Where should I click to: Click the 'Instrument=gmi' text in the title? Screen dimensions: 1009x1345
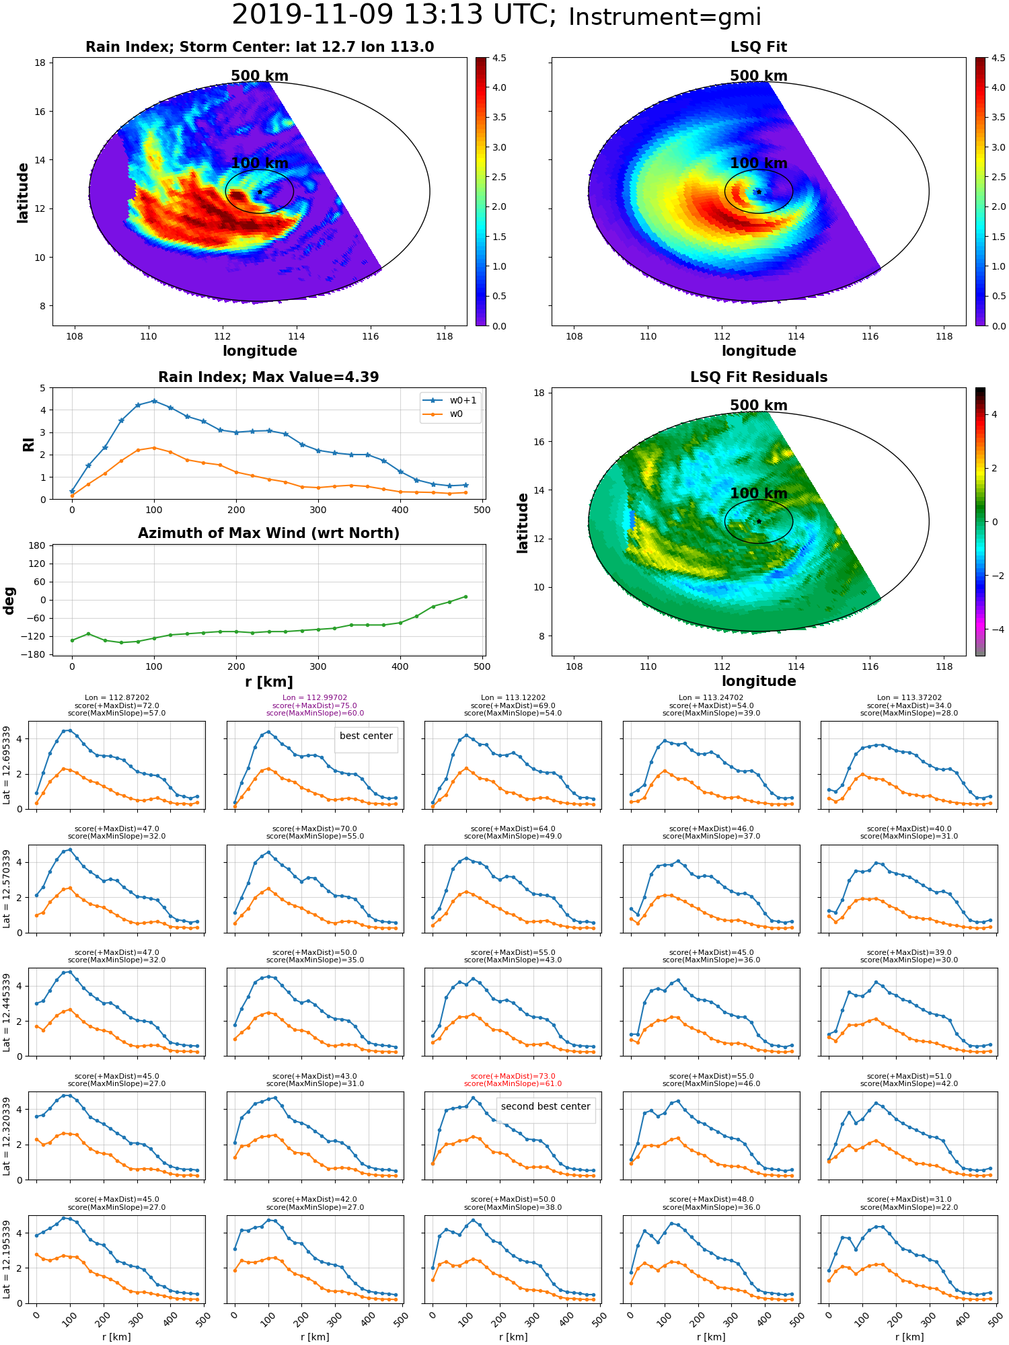tap(665, 17)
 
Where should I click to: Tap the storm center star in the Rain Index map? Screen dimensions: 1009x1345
tap(260, 192)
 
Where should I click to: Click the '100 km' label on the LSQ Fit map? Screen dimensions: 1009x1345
tap(759, 163)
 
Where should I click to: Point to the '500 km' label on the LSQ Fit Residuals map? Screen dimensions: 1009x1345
tap(759, 406)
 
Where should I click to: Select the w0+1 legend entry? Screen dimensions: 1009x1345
tap(450, 400)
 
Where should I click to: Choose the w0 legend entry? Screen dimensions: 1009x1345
tap(443, 414)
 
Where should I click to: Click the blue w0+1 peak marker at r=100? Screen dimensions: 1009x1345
tap(154, 401)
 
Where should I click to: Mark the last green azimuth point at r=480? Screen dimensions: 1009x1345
tap(465, 597)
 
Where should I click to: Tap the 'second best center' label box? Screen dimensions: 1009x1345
tap(546, 1106)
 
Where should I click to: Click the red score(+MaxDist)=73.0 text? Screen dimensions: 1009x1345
tap(513, 1076)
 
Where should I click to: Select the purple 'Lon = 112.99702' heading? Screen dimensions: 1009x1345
tap(315, 697)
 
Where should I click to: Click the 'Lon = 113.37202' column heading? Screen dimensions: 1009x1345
tap(909, 697)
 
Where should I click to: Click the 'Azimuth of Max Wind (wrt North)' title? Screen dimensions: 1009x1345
tap(268, 533)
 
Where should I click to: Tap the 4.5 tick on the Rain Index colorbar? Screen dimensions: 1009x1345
tap(499, 58)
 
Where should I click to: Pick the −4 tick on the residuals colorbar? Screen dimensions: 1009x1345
tap(994, 629)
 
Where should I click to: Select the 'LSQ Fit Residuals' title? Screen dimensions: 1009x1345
tap(759, 377)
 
